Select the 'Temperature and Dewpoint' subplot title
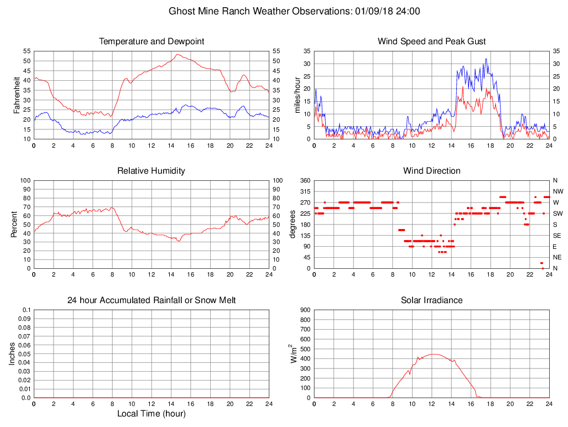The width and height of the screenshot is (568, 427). (152, 41)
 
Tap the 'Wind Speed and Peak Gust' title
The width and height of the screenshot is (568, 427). (431, 41)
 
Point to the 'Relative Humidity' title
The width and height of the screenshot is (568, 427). (152, 171)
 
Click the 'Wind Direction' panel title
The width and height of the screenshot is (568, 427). (431, 171)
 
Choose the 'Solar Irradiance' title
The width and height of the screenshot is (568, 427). (431, 300)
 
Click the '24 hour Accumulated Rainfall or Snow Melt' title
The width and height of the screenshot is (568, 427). (152, 300)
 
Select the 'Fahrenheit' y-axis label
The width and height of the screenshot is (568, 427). (17, 95)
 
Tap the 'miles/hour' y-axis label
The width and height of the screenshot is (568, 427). (297, 95)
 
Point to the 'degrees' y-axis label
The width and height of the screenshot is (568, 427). (293, 224)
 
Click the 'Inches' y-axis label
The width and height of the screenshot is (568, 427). (13, 353)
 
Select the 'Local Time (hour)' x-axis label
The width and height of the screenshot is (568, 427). (152, 414)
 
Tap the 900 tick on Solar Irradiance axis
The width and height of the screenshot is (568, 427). (304, 310)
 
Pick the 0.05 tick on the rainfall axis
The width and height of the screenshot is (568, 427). (25, 354)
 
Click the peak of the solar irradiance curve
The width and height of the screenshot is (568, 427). (434, 354)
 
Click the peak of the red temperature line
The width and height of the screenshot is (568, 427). (177, 54)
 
